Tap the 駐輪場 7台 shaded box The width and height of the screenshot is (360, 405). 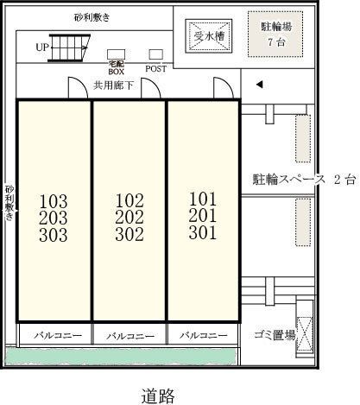tap(275, 33)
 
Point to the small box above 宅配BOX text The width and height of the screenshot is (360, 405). tap(115, 54)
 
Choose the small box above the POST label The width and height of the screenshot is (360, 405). tap(155, 54)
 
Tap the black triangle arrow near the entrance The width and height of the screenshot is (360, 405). tap(257, 85)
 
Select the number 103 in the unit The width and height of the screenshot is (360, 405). tap(54, 201)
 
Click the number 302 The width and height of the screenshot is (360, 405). tap(129, 234)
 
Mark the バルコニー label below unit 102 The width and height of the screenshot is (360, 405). tap(129, 335)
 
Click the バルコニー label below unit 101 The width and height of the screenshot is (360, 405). tap(203, 335)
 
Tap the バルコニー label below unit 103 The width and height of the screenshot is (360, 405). tap(55, 335)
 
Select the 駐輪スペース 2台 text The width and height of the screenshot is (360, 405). tap(303, 180)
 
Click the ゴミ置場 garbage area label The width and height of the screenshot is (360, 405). tap(275, 335)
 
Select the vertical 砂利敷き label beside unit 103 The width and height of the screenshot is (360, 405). tap(9, 202)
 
